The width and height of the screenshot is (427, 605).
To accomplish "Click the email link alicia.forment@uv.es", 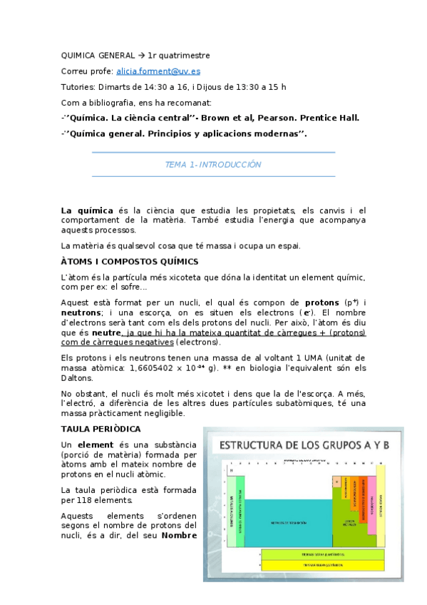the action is tap(163, 71).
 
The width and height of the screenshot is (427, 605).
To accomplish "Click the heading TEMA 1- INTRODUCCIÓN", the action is tap(213, 165).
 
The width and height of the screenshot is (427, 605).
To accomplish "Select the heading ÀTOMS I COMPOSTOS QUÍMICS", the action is tap(129, 262).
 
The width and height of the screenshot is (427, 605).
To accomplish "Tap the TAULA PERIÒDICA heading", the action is tap(100, 429).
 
